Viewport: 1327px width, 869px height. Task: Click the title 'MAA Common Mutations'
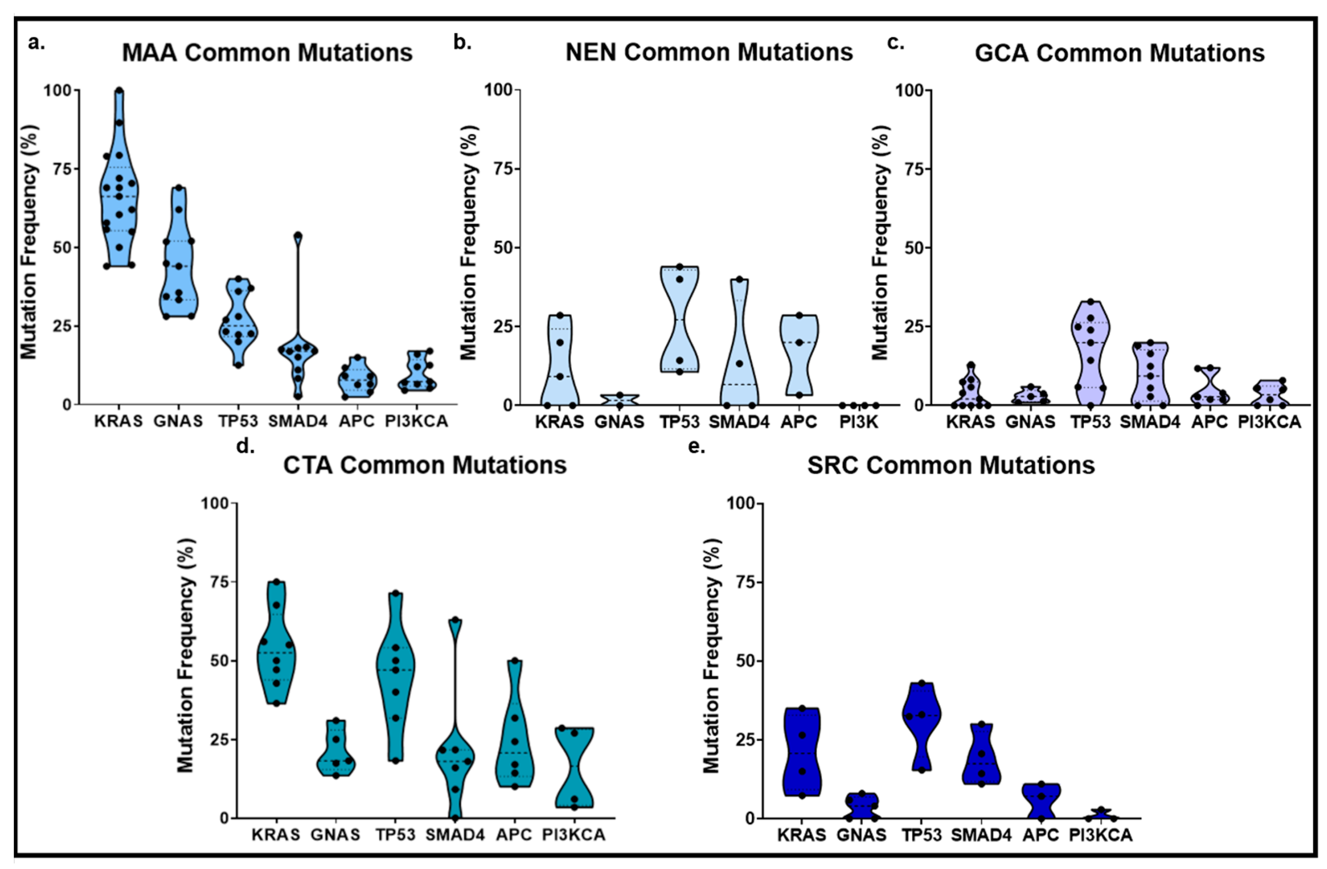coord(267,53)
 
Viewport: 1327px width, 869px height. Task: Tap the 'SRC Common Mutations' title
coord(951,465)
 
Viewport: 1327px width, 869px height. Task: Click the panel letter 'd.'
coord(245,446)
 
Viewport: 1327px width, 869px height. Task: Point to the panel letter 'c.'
coord(896,43)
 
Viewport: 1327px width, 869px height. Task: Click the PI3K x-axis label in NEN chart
coord(859,422)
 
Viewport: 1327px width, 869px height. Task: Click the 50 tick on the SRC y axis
coord(741,661)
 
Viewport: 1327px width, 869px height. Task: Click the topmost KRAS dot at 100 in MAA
coord(119,91)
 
